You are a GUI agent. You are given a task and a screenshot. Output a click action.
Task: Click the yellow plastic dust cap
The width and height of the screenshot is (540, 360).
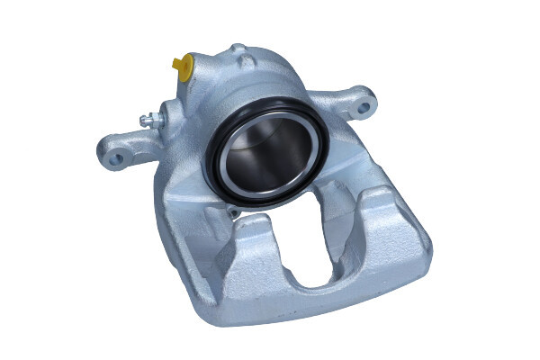[183, 65]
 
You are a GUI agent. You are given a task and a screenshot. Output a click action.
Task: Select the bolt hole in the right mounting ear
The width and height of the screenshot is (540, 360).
[363, 106]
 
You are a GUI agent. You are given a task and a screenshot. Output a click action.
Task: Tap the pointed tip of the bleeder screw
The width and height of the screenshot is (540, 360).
[143, 121]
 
